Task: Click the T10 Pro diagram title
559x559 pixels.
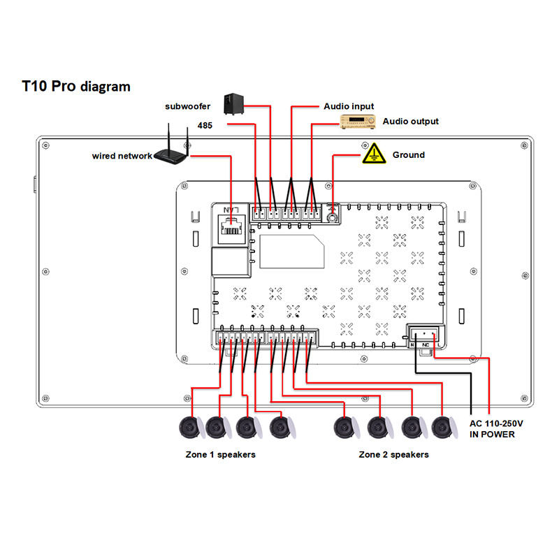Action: pyautogui.click(x=76, y=86)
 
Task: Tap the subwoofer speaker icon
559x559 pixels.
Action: pyautogui.click(x=233, y=104)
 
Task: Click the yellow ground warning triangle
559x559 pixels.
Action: pyautogui.click(x=374, y=154)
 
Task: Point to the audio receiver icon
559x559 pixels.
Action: pyautogui.click(x=358, y=122)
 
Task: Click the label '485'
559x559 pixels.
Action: pyautogui.click(x=205, y=126)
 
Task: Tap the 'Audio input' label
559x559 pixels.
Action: pyautogui.click(x=349, y=106)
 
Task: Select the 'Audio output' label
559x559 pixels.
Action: pyautogui.click(x=411, y=121)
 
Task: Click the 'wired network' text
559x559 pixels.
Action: pyautogui.click(x=122, y=156)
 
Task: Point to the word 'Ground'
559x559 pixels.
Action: pyautogui.click(x=409, y=154)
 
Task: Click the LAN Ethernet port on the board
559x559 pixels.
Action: pyautogui.click(x=232, y=228)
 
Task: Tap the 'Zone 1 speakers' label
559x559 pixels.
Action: pyautogui.click(x=220, y=455)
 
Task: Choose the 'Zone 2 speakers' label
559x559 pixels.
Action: pyautogui.click(x=393, y=455)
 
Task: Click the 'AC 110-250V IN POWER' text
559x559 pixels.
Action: pyautogui.click(x=496, y=429)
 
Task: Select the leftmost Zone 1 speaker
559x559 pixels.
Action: pyautogui.click(x=190, y=427)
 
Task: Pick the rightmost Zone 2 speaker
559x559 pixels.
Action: pyautogui.click(x=443, y=427)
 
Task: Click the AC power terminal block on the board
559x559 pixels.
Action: pyautogui.click(x=425, y=335)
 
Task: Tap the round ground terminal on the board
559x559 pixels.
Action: pyautogui.click(x=333, y=217)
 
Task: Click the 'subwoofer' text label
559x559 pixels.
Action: pyautogui.click(x=187, y=106)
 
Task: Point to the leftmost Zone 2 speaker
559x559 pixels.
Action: pyautogui.click(x=344, y=427)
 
